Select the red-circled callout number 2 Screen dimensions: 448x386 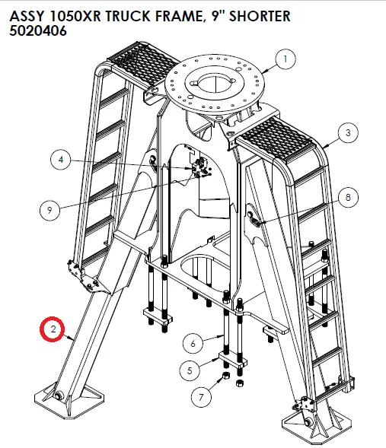tap(53, 329)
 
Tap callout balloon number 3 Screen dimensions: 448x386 tap(347, 132)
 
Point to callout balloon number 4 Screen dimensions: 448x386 tap(62, 160)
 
